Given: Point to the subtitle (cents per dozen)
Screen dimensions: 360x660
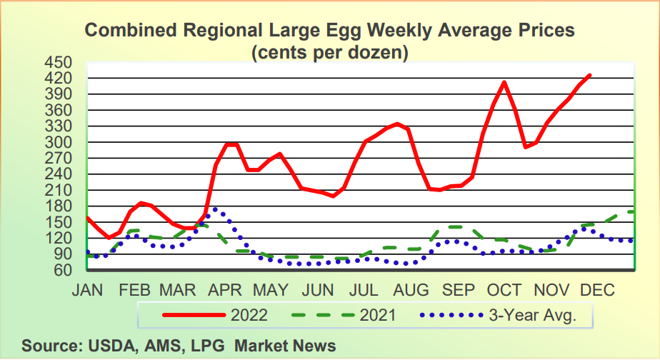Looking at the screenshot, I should pos(329,52).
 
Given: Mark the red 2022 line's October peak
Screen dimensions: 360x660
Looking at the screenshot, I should pos(504,82).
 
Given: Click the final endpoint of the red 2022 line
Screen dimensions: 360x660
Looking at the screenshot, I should pos(589,75).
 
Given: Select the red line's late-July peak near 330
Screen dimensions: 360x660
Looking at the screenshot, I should pos(398,124).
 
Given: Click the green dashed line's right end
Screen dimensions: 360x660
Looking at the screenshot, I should pos(634,211).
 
